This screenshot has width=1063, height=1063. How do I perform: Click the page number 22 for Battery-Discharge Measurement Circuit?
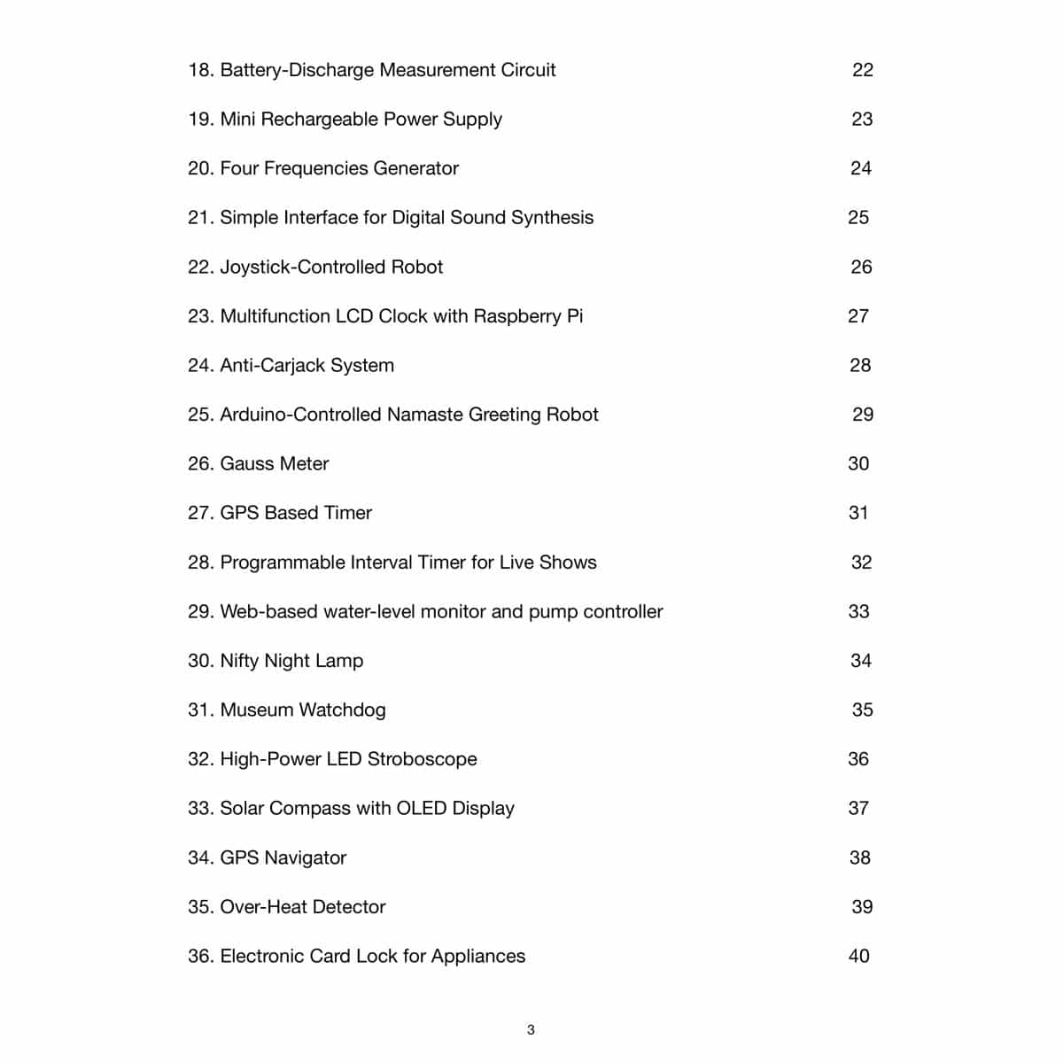(862, 70)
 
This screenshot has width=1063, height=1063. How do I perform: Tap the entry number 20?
(200, 168)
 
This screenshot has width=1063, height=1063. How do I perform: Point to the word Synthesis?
(553, 218)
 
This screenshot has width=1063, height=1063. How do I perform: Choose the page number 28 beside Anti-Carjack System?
(860, 365)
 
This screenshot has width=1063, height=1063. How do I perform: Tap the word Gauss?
(246, 463)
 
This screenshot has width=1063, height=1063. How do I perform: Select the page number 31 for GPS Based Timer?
(858, 513)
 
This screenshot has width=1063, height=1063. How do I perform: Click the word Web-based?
(262, 611)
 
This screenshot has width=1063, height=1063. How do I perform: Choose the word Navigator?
(306, 857)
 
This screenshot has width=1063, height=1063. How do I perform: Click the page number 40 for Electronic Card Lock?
(858, 956)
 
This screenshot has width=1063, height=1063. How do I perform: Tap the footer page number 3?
(531, 1029)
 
